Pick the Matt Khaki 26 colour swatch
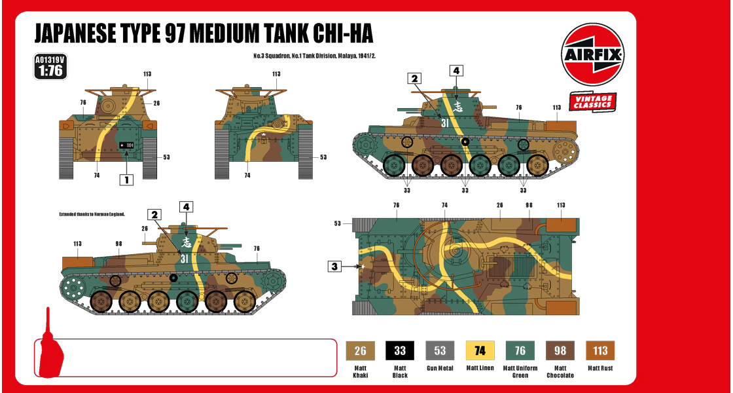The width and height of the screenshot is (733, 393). [359, 350]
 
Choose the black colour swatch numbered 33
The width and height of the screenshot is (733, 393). [399, 350]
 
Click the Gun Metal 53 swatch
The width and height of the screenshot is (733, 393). [439, 350]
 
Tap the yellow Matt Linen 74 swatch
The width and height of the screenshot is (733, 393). [480, 350]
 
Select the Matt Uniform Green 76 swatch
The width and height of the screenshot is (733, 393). [520, 350]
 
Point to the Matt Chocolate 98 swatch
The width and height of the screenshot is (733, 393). [560, 350]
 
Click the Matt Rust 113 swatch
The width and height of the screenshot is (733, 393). [600, 350]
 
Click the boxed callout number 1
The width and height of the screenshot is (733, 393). [126, 178]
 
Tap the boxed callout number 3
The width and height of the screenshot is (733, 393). [334, 266]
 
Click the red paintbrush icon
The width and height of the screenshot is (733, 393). [51, 347]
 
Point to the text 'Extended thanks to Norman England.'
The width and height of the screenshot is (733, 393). [92, 214]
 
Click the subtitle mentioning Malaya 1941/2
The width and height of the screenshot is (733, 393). [314, 56]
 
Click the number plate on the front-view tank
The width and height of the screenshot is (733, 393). [126, 145]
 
